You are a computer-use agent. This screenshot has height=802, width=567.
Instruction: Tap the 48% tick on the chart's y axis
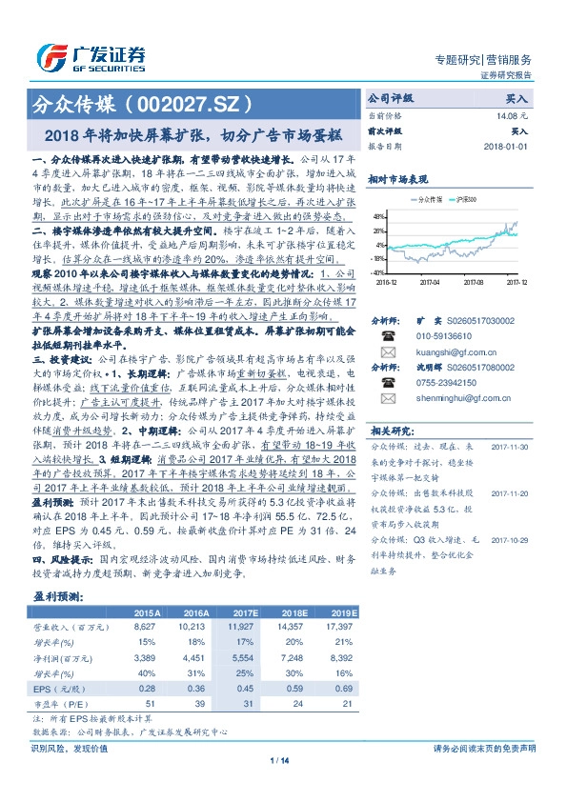tap(379, 216)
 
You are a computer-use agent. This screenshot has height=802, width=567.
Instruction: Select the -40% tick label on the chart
tap(378, 271)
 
